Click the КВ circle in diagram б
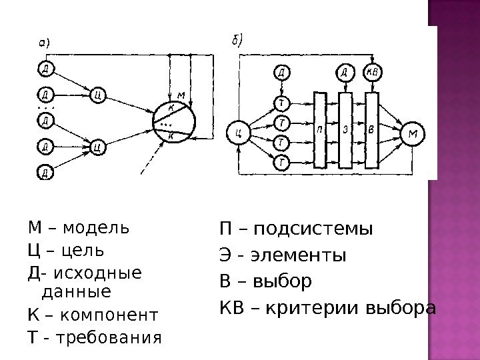pyautogui.click(x=372, y=72)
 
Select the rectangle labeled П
pyautogui.click(x=320, y=130)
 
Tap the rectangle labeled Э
pyautogui.click(x=345, y=130)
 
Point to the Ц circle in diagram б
pyautogui.click(x=238, y=133)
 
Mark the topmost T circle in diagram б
pyautogui.click(x=283, y=102)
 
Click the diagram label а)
pyautogui.click(x=44, y=41)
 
